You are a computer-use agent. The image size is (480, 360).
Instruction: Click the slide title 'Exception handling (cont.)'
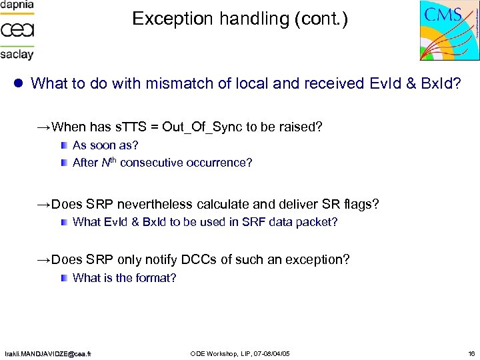[240, 19]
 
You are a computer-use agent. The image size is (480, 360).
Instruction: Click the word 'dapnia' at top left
[17, 5]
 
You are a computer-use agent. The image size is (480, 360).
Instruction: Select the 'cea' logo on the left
[17, 29]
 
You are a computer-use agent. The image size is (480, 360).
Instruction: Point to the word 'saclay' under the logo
[17, 54]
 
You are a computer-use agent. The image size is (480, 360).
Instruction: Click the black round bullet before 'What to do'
[19, 84]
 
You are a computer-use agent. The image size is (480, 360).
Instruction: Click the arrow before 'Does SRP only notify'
[43, 259]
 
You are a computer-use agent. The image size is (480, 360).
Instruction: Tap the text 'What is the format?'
[124, 277]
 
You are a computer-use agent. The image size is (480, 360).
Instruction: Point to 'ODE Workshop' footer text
[213, 353]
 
